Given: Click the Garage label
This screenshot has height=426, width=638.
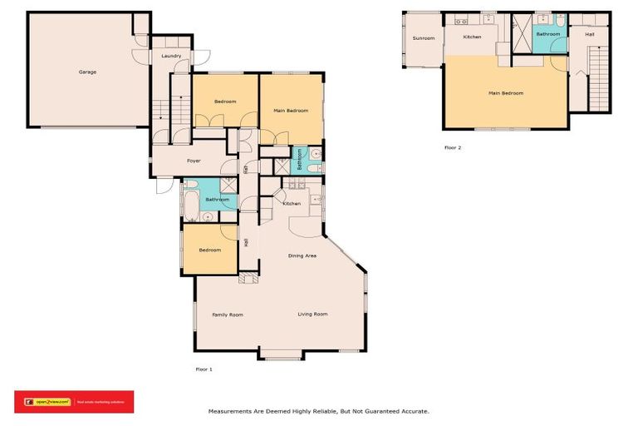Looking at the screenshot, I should point(87,72).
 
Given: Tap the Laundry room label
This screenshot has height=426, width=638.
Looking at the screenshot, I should point(172,56).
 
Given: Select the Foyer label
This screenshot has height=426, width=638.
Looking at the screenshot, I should point(194,161).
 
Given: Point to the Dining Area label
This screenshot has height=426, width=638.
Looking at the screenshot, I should point(302,255).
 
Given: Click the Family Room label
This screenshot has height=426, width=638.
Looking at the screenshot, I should point(227,315).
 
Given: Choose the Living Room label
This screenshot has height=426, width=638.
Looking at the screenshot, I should point(313,314).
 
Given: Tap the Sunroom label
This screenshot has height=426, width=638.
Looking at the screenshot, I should point(424,38).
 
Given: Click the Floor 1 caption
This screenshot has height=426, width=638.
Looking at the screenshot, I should point(204,369).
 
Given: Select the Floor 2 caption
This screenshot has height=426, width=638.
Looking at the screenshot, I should point(453,147).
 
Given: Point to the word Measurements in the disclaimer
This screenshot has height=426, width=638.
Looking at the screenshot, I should point(230,411).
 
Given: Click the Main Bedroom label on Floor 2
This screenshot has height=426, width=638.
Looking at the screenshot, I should point(506,93).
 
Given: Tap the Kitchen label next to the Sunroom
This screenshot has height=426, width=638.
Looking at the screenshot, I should point(472,37).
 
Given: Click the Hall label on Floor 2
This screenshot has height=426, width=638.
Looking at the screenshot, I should point(589,34).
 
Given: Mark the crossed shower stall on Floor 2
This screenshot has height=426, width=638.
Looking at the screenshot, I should point(522,23).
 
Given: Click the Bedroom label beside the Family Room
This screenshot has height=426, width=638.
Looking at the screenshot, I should point(209,250).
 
